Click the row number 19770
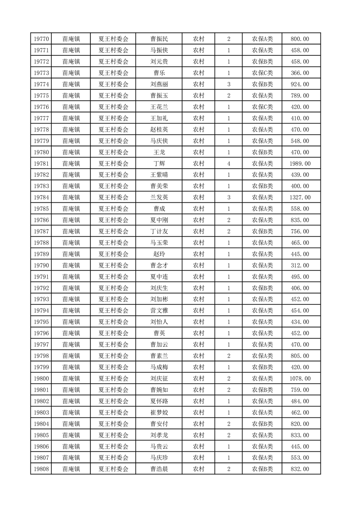click(41, 39)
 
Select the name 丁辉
click(159, 163)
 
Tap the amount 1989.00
click(301, 163)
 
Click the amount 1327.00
click(301, 197)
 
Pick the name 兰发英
click(159, 197)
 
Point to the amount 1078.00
click(301, 378)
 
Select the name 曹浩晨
click(159, 469)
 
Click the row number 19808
click(41, 469)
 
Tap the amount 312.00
click(300, 265)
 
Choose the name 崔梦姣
click(159, 412)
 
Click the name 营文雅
click(159, 311)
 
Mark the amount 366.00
click(300, 73)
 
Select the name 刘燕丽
click(159, 84)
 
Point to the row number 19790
click(41, 265)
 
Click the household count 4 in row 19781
click(228, 163)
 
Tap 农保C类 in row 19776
click(262, 107)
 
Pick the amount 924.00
click(300, 84)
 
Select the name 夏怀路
click(159, 401)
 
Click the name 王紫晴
click(159, 175)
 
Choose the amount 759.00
click(300, 390)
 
